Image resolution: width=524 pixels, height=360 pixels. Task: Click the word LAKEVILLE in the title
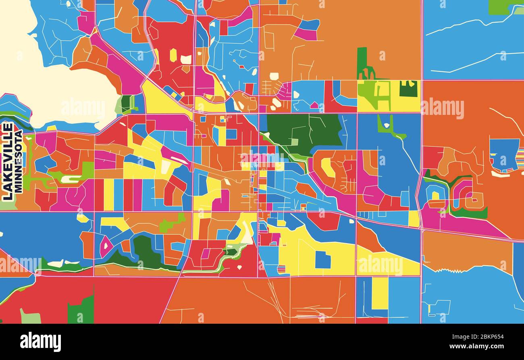[x=7, y=161]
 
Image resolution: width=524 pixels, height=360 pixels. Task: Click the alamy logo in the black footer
[x=40, y=342]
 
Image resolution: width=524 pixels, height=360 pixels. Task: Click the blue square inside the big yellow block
[x=322, y=260]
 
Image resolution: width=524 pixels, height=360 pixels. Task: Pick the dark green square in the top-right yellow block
[x=408, y=88]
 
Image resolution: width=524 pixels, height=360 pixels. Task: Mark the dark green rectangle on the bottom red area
[x=81, y=310]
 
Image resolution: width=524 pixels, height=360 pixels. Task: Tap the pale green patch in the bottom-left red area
[x=30, y=316]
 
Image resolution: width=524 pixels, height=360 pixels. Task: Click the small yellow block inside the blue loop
[x=435, y=196]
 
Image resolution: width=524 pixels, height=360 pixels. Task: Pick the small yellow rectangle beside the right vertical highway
[x=414, y=218]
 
